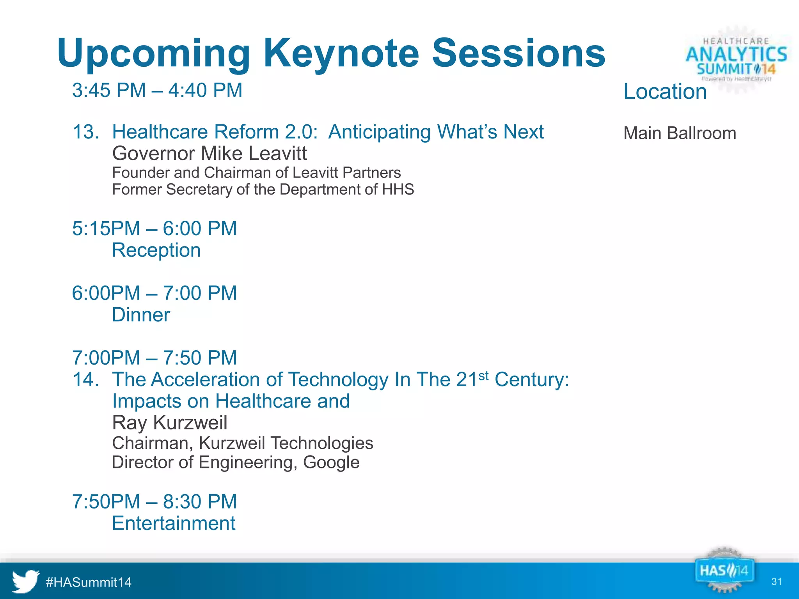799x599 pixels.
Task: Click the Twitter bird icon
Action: (25, 581)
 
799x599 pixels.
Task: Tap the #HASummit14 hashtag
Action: (89, 582)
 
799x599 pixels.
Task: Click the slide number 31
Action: (776, 582)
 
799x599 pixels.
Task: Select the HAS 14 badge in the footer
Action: (724, 571)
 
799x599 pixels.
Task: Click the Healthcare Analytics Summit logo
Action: (736, 58)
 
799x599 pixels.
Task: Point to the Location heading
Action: (665, 92)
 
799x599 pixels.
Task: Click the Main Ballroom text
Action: (679, 133)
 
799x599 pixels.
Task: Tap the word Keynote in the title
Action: (341, 53)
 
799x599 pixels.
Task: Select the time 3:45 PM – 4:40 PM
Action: (157, 90)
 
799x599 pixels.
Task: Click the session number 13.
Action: (85, 132)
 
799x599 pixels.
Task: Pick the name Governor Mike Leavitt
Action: (210, 153)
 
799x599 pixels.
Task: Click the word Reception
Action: (156, 250)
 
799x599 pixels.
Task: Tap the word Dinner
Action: (141, 315)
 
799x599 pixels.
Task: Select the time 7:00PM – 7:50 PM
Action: (154, 358)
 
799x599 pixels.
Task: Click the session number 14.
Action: (85, 379)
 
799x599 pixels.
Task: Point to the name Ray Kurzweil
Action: (169, 423)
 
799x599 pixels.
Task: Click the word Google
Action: (331, 463)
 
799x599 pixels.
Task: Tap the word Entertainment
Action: (174, 523)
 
